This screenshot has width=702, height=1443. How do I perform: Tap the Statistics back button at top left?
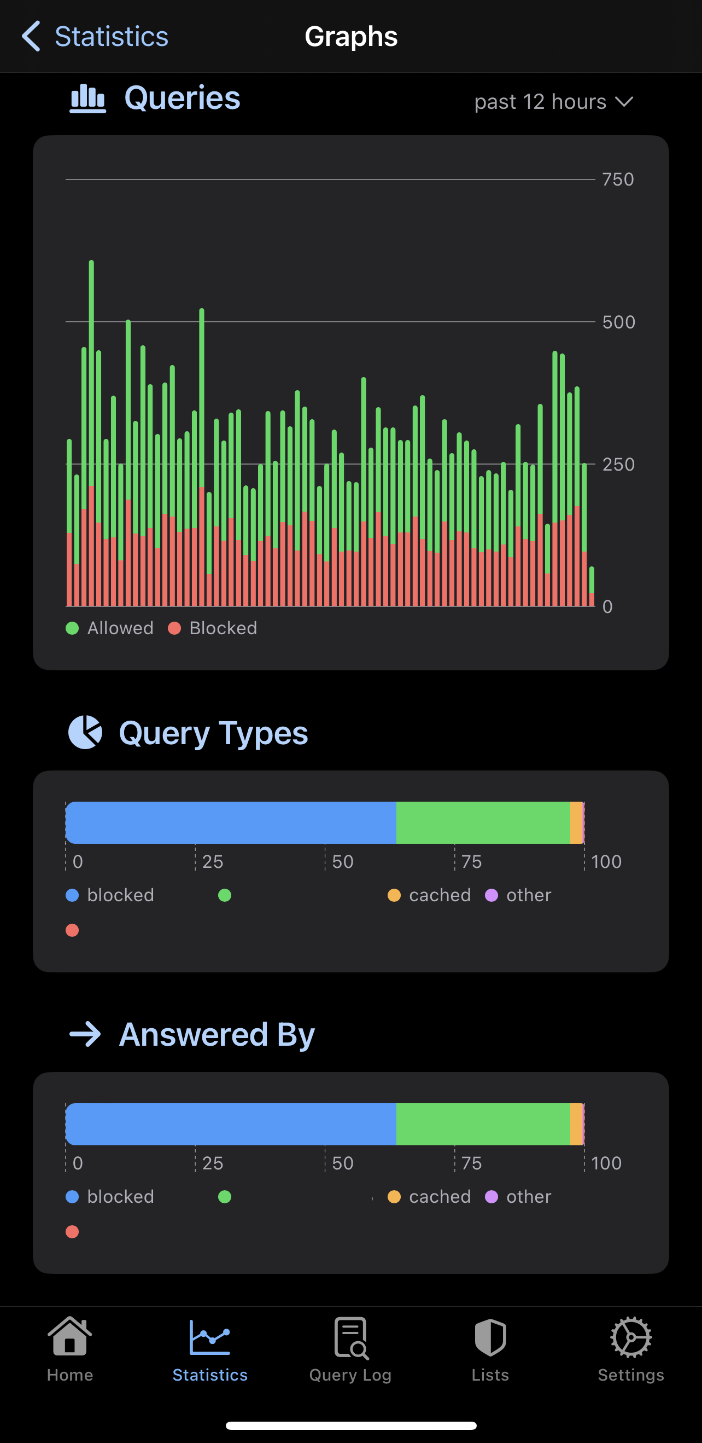pyautogui.click(x=95, y=37)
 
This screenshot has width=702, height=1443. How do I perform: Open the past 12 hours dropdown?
pyautogui.click(x=553, y=102)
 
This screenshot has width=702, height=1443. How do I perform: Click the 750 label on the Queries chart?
pyautogui.click(x=618, y=179)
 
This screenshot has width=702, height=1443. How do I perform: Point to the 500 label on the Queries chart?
pyautogui.click(x=618, y=322)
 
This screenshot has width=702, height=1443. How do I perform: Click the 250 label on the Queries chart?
pyautogui.click(x=618, y=465)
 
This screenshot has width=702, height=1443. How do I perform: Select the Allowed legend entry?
pyautogui.click(x=110, y=628)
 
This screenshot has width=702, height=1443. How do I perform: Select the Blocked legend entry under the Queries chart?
pyautogui.click(x=213, y=628)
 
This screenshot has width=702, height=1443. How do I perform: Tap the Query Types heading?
pyautogui.click(x=213, y=733)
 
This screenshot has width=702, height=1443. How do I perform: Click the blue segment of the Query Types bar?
pyautogui.click(x=231, y=822)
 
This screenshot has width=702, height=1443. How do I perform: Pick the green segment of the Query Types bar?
pyautogui.click(x=483, y=822)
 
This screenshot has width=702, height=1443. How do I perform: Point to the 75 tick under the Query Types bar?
pyautogui.click(x=471, y=861)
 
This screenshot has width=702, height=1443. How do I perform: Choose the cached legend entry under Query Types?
pyautogui.click(x=429, y=895)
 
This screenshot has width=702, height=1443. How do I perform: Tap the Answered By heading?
pyautogui.click(x=217, y=1034)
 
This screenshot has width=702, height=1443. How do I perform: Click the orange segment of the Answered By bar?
pyautogui.click(x=576, y=1124)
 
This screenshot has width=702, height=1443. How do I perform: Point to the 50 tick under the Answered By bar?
pyautogui.click(x=343, y=1163)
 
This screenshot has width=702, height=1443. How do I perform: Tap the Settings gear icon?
pyautogui.click(x=631, y=1338)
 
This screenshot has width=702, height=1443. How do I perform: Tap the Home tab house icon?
pyautogui.click(x=70, y=1337)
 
